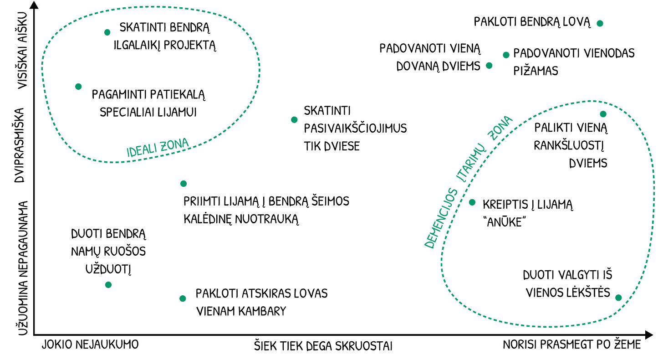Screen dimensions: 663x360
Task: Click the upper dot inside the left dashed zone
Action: (107, 32)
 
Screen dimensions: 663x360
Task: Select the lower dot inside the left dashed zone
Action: (78, 86)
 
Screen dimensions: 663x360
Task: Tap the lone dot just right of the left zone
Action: (294, 119)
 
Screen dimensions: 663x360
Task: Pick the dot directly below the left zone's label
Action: (184, 183)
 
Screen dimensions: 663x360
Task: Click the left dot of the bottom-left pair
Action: (108, 284)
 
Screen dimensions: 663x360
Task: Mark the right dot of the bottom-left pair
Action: (183, 298)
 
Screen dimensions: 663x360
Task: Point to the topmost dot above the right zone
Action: (600, 23)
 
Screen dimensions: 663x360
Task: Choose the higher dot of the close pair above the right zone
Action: (506, 55)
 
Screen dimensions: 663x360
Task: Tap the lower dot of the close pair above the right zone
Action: (489, 65)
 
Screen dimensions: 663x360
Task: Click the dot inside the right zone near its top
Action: (603, 114)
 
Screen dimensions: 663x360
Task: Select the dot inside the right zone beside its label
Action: (472, 201)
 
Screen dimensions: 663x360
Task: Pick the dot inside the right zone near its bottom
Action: (618, 298)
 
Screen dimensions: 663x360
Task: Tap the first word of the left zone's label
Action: (142, 150)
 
